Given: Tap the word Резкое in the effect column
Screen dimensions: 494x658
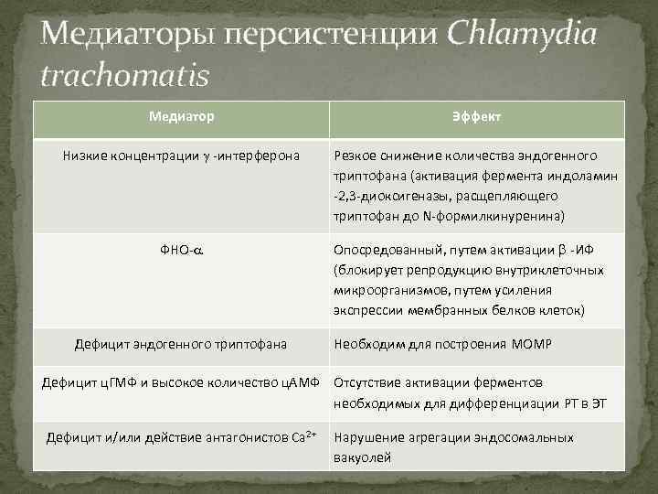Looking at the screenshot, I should click(357, 156).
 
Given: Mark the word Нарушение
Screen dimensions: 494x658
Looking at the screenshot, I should click(368, 437).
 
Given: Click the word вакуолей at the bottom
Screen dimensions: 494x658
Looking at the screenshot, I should click(363, 456).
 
